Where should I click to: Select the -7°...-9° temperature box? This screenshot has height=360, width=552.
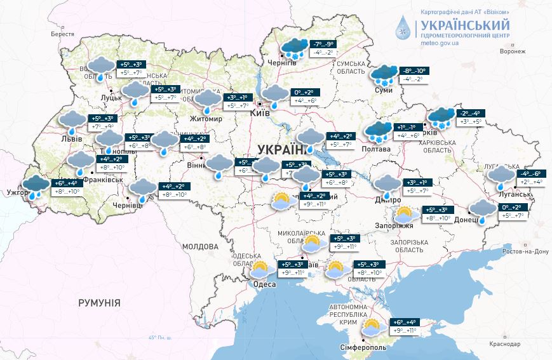coord(323,44)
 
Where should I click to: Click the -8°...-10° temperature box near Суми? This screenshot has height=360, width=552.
coord(412,70)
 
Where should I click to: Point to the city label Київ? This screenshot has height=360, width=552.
coord(261,112)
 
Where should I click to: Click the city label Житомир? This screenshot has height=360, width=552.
coord(205,119)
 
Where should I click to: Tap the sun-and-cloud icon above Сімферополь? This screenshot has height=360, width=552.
coord(372,328)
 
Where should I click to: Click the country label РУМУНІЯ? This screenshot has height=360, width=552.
coord(99,303)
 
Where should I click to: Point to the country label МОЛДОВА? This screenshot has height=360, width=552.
coord(200,246)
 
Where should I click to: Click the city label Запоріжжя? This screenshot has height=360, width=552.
coord(398,225)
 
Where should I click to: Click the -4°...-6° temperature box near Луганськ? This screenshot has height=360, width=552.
coord(530,173)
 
